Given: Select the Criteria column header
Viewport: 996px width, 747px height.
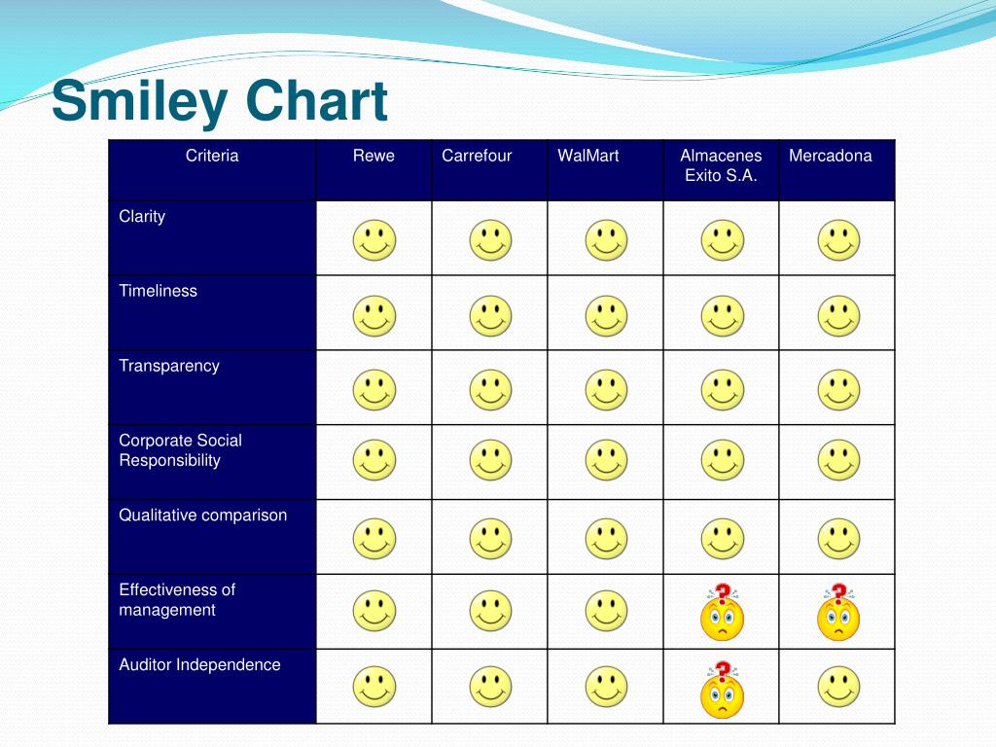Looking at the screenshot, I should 212,156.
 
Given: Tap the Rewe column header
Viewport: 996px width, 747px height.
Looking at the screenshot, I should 373,156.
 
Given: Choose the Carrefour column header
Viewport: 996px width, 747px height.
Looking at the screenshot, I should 477,156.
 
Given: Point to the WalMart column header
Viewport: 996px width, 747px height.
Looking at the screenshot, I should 588,156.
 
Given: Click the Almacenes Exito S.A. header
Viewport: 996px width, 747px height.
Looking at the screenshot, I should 721,165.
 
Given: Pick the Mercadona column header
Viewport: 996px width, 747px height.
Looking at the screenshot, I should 831,156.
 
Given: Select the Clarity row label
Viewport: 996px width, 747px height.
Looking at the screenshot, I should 142,216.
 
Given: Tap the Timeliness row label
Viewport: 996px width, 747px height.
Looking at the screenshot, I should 158,291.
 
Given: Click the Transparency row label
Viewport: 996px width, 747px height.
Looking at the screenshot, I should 169,366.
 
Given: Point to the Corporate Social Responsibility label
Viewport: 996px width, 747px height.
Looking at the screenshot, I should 180,450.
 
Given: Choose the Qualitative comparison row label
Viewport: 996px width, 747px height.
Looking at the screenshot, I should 203,516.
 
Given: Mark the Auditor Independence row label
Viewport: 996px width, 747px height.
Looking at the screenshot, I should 199,665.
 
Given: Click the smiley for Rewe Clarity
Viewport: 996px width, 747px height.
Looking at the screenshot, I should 374,240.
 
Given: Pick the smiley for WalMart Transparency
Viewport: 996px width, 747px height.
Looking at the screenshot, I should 606,390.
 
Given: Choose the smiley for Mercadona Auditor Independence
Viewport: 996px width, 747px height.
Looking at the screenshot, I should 838,687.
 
